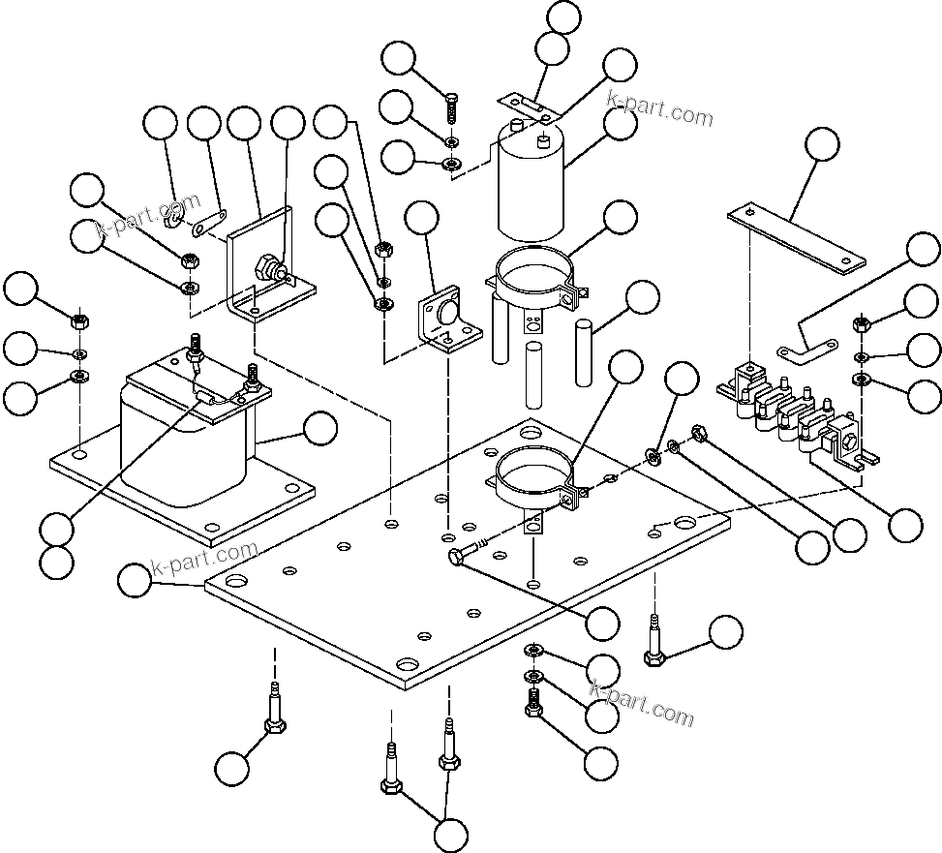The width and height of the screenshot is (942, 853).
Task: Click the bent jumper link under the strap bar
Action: (808, 343)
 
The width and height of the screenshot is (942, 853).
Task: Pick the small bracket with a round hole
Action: (445, 324)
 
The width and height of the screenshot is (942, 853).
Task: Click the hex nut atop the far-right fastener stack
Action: (861, 324)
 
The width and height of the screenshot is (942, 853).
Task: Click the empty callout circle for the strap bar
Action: (823, 143)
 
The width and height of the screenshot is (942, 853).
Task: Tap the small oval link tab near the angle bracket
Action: (208, 222)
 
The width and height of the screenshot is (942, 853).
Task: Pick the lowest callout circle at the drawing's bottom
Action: (450, 834)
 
